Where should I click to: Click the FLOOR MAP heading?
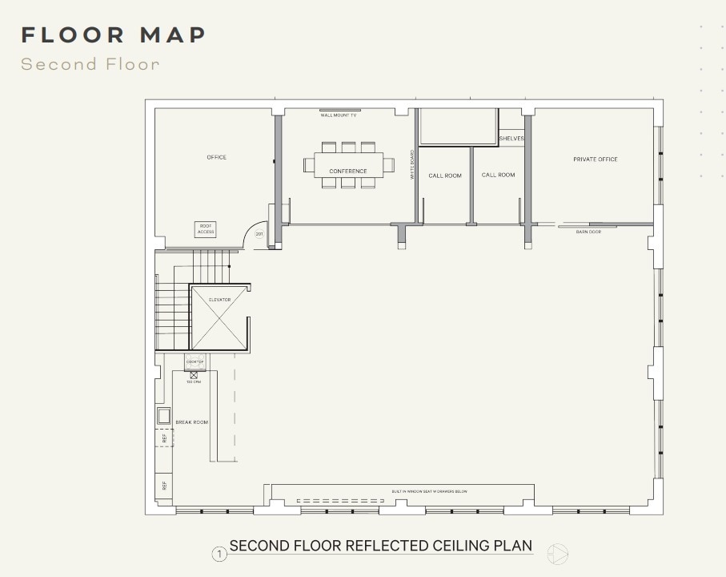click(114, 35)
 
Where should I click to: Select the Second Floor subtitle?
click(90, 64)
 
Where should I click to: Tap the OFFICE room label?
click(217, 157)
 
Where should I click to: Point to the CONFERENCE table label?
click(348, 171)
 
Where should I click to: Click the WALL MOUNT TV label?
click(339, 115)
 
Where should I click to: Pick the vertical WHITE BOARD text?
click(413, 164)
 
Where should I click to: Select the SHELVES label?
click(511, 139)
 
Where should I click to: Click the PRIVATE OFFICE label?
click(596, 159)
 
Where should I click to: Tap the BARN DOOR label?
click(588, 232)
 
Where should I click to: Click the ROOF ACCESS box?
click(206, 229)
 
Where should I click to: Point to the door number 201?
click(259, 235)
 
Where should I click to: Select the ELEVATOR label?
click(219, 300)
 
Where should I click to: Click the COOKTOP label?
click(195, 362)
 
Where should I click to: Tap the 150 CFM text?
click(194, 382)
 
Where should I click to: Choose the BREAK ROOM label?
click(192, 422)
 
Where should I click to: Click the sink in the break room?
click(163, 415)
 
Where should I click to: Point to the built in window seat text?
click(429, 491)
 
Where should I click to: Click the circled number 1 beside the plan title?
click(219, 554)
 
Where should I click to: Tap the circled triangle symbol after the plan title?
click(558, 553)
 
